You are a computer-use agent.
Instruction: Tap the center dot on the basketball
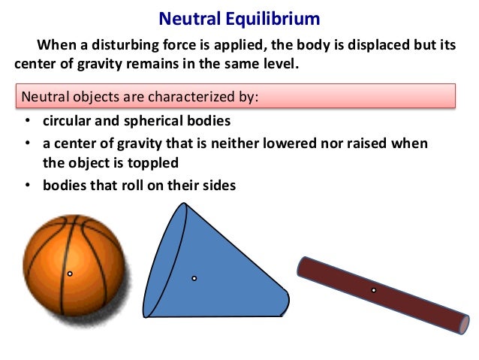pos(70,274)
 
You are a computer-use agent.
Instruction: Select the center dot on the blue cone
pos(194,278)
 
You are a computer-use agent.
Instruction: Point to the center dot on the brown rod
pos(373,289)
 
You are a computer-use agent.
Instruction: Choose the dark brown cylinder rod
pos(383,294)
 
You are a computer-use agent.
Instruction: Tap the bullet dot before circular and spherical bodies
pos(28,122)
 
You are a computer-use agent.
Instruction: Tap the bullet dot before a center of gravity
pos(28,143)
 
